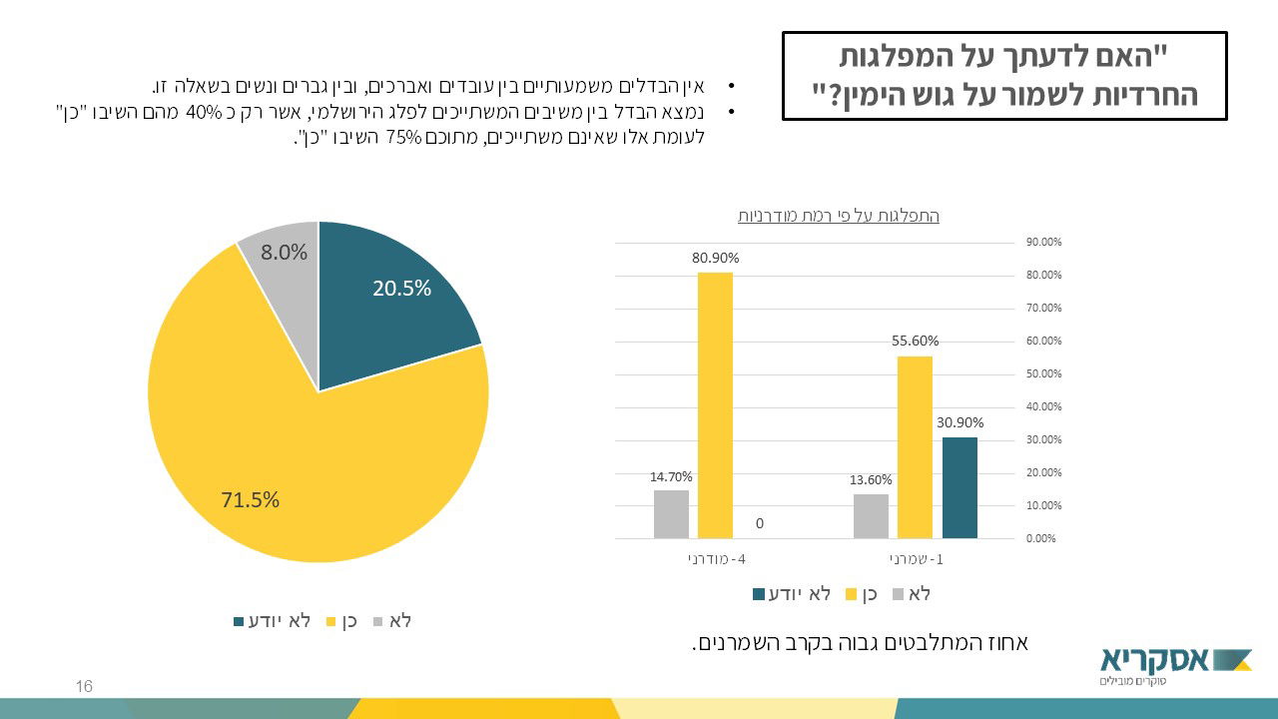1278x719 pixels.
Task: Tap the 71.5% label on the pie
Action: coord(251,499)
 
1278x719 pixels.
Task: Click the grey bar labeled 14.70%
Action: coord(671,513)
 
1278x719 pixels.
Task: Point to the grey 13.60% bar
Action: coord(871,515)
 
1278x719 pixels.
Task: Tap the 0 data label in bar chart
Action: coord(760,523)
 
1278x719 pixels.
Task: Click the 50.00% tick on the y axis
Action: coord(1043,373)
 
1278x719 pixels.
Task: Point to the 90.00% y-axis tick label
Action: coord(1043,242)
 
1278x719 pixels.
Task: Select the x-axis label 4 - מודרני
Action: coord(716,559)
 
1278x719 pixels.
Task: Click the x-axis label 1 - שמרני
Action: coord(916,559)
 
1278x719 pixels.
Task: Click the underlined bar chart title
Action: coord(838,216)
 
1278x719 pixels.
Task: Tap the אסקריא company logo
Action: coord(1175,664)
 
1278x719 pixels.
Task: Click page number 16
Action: coord(84,686)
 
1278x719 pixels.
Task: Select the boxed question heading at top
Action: coord(1003,76)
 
